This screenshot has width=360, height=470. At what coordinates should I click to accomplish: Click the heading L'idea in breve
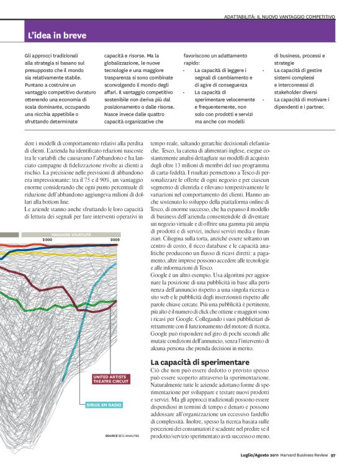(x=57, y=35)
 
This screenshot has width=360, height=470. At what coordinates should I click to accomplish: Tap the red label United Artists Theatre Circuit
(x=112, y=379)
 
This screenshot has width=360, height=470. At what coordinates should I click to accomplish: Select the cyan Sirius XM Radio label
(x=103, y=404)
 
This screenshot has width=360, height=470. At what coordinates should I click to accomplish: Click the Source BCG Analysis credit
(x=122, y=435)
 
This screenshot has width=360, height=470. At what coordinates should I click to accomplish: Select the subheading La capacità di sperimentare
(x=192, y=362)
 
